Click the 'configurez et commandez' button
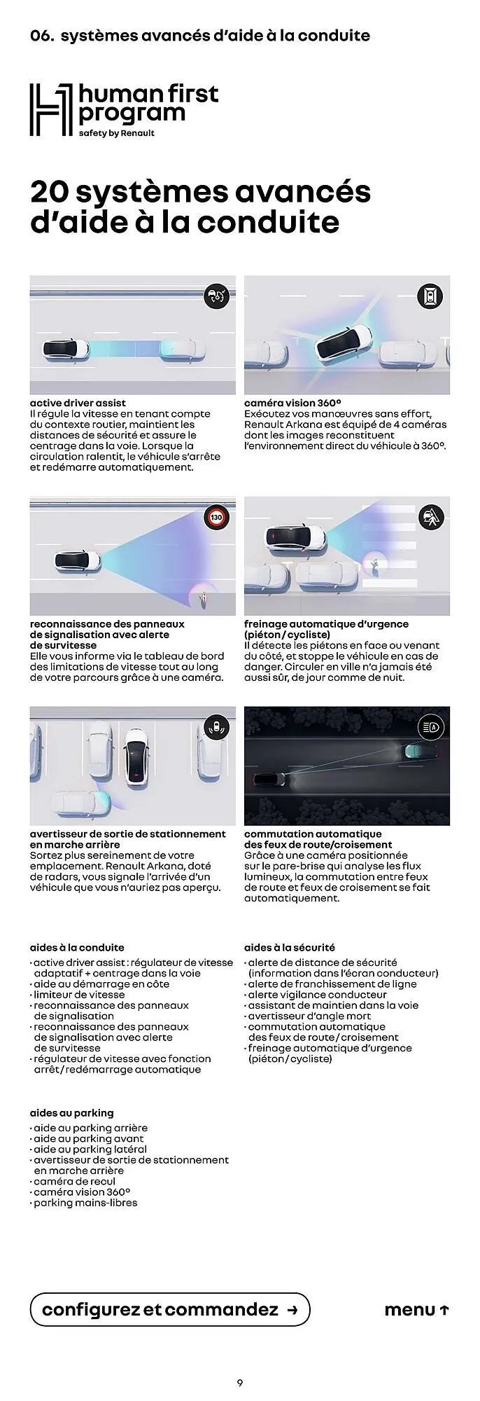[170, 1309]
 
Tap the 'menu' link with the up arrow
[416, 1310]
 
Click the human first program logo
[124, 110]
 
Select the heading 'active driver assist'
[78, 403]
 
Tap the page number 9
[240, 1383]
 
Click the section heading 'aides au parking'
[71, 1112]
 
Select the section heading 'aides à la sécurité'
[289, 947]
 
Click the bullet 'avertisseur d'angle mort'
[309, 1016]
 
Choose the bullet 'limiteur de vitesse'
[79, 994]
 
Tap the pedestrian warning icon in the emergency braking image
[430, 518]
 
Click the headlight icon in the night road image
[430, 727]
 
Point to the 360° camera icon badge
[430, 296]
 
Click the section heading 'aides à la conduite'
[77, 947]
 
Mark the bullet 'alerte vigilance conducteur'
[317, 994]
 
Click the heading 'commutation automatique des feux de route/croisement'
[318, 839]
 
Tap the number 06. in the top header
[42, 36]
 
